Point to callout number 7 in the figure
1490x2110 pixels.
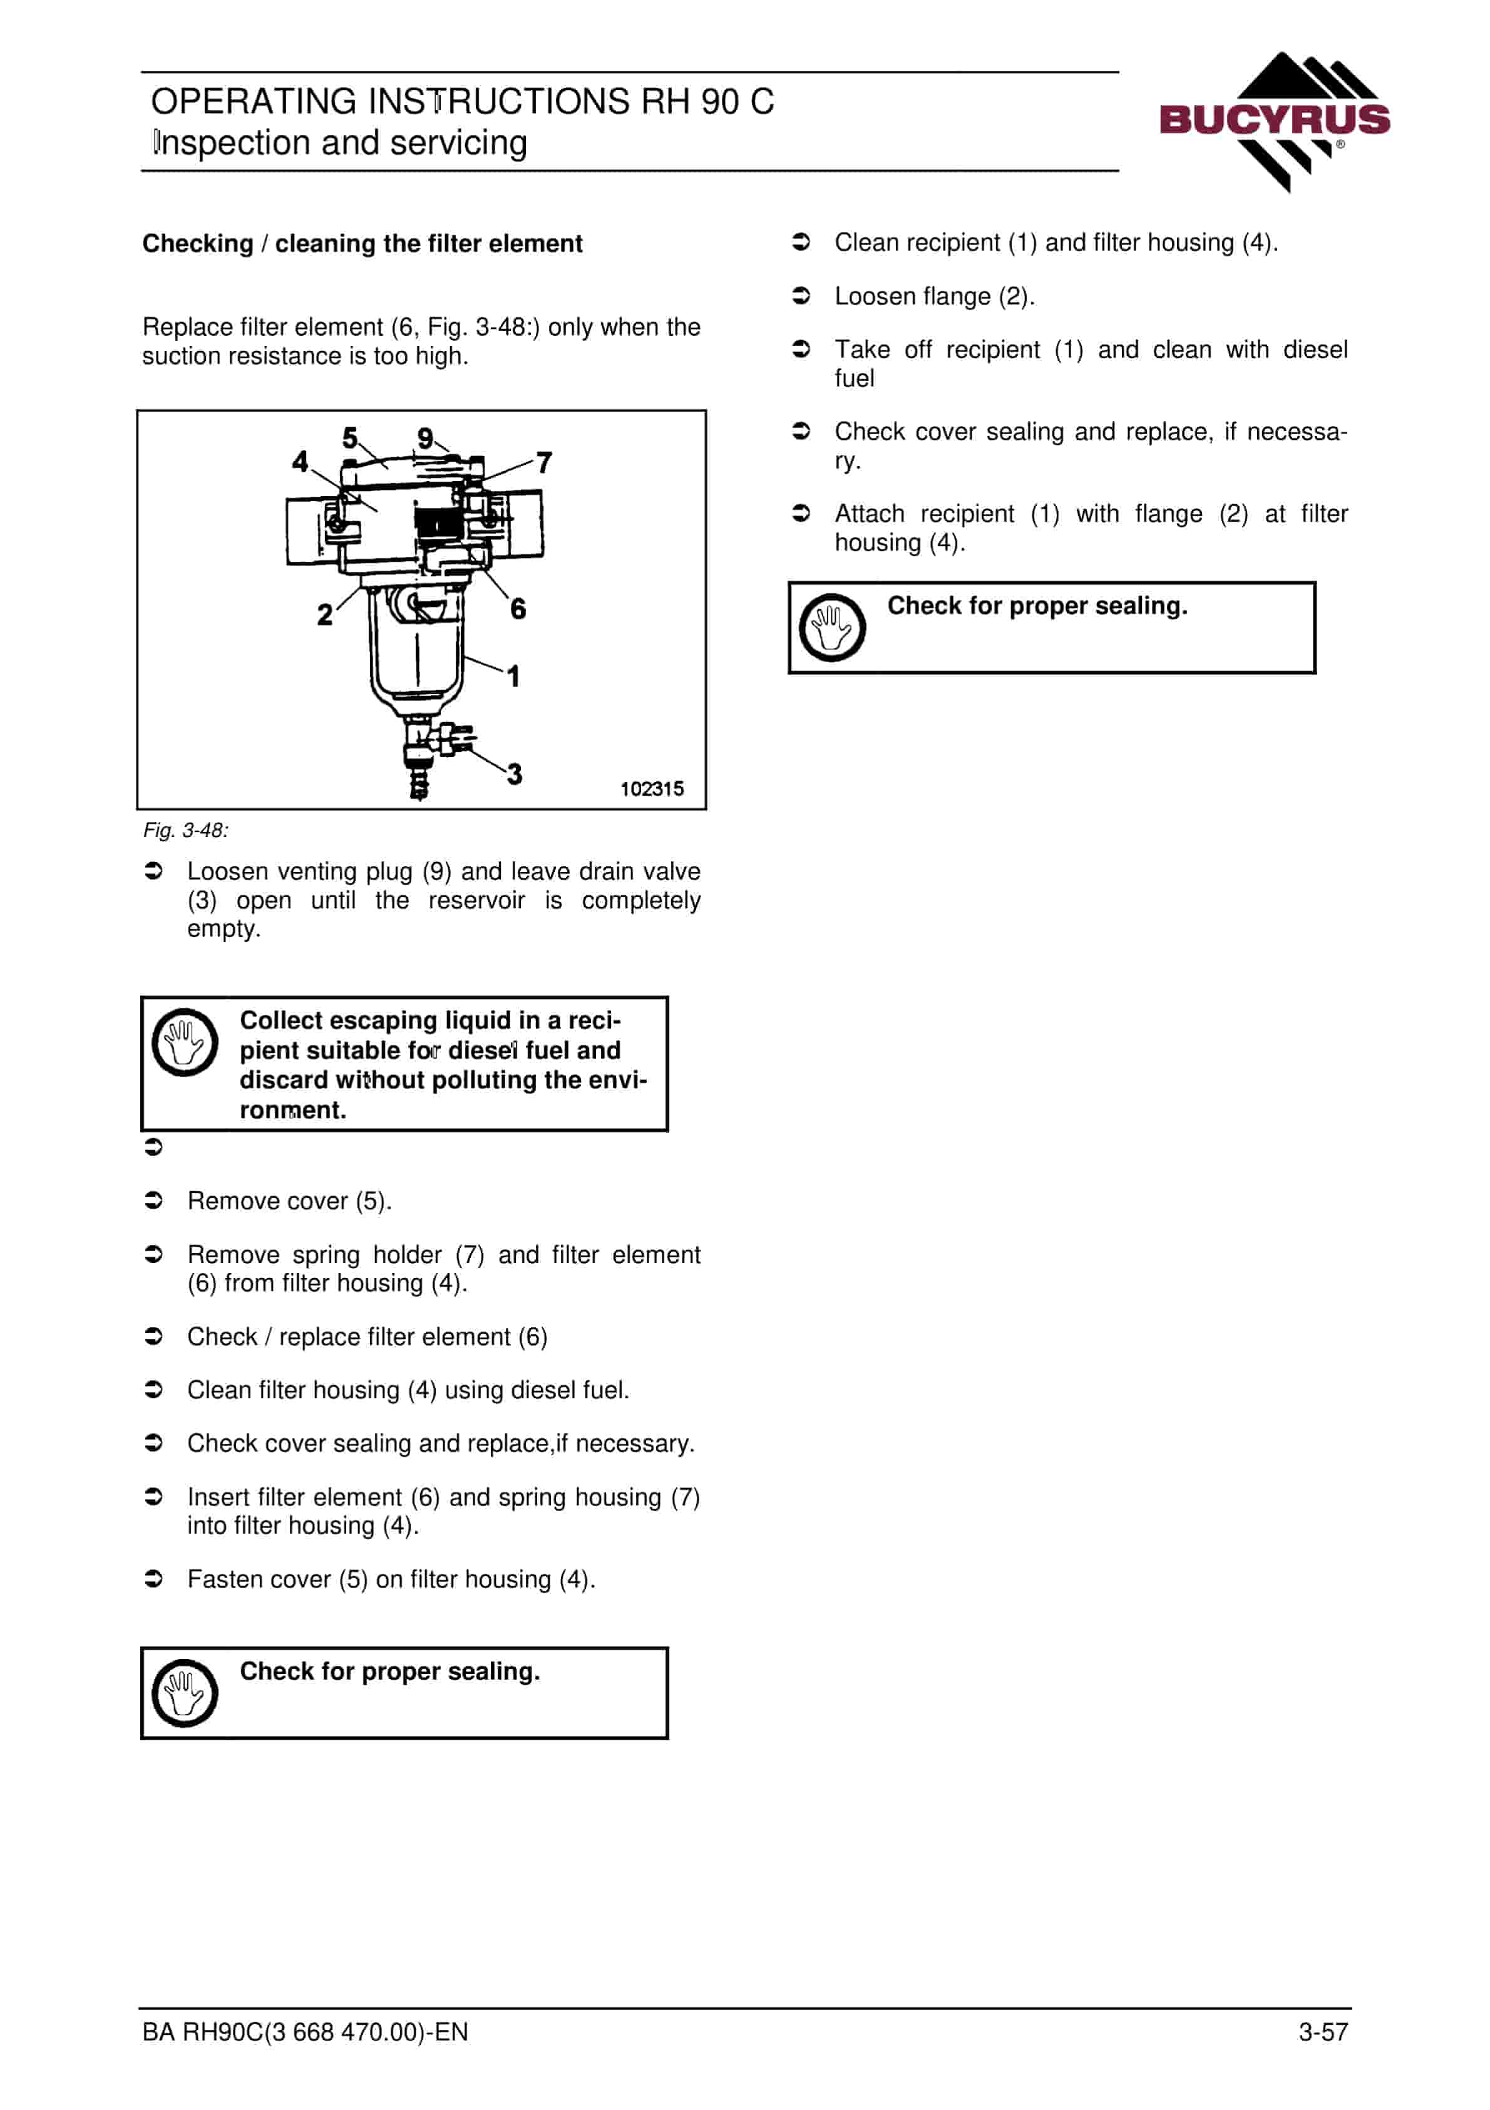(x=544, y=462)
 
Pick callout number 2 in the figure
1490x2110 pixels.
(x=324, y=614)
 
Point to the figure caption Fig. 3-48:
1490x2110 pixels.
(x=185, y=831)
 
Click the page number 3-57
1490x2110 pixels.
(x=1323, y=2032)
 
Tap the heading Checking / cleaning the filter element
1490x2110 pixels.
(x=362, y=244)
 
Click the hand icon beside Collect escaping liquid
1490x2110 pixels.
(x=185, y=1042)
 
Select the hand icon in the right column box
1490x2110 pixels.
(x=832, y=628)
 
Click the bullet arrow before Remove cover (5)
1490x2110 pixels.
(x=153, y=1200)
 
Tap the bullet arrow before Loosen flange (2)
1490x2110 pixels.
(x=801, y=296)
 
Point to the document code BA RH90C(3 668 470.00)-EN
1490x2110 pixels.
(x=305, y=2032)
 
